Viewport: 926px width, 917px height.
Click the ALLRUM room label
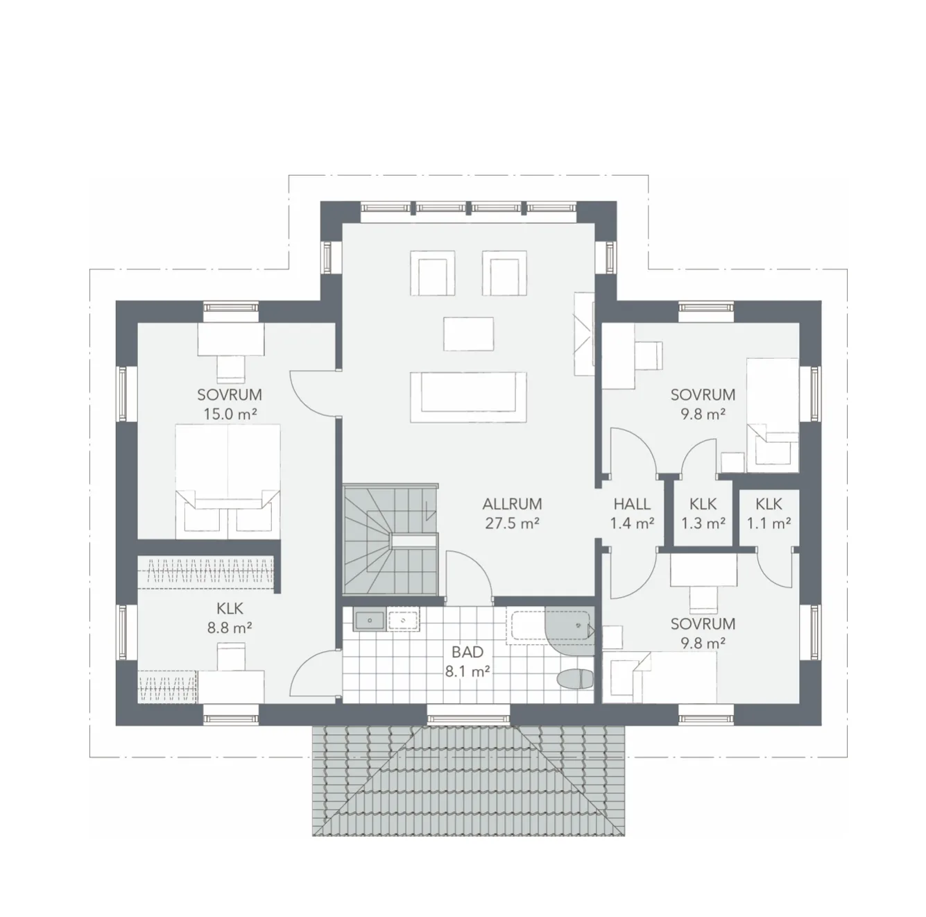point(512,504)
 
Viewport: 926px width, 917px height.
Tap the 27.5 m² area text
point(512,523)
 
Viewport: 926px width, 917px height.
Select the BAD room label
point(467,652)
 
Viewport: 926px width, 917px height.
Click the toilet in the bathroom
point(575,679)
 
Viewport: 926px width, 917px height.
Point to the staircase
point(390,540)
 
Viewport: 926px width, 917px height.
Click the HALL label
point(631,504)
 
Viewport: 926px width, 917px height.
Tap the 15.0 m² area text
point(229,414)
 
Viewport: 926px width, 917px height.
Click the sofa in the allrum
point(468,396)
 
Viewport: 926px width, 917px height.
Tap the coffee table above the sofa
point(469,334)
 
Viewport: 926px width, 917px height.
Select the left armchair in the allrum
point(434,273)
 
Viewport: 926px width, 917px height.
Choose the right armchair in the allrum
point(504,273)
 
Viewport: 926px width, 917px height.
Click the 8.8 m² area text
point(229,628)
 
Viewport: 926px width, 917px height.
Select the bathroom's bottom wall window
point(468,714)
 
